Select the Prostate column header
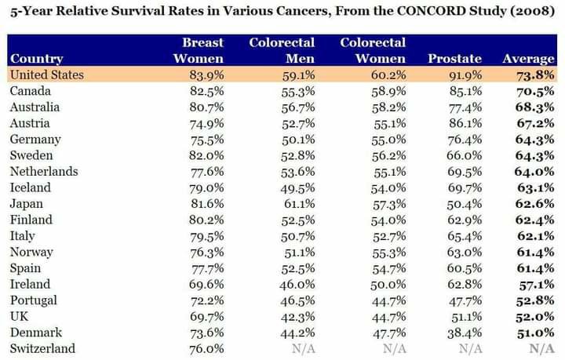point(454,59)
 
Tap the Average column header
point(528,59)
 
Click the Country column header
point(36,59)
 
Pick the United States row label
point(46,75)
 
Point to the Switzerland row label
point(42,349)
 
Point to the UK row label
point(20,317)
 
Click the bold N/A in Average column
point(541,349)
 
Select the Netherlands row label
point(43,172)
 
